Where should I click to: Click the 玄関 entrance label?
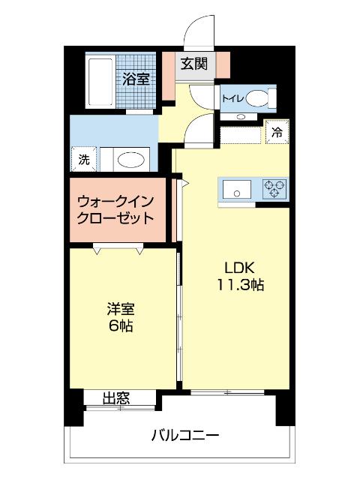point(193,64)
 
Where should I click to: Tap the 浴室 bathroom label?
point(136,77)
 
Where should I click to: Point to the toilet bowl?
point(257,97)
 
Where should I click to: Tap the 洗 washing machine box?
point(84,159)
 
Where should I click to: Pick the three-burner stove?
point(274,189)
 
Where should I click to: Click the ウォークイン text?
point(116,202)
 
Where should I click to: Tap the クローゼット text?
point(116,219)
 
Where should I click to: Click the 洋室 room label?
point(121,309)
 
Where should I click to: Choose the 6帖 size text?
point(121,326)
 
